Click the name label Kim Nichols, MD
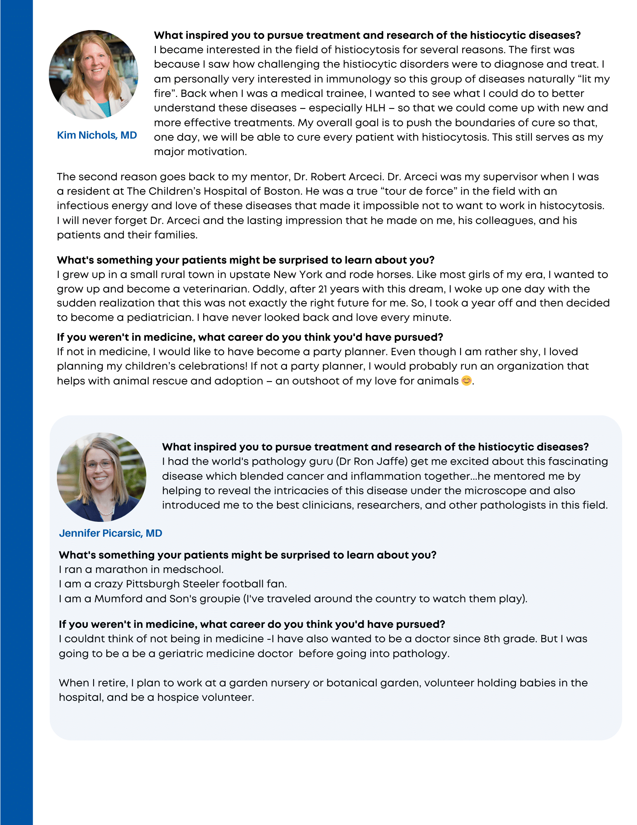97,135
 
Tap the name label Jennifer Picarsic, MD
110,533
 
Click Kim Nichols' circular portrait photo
94,75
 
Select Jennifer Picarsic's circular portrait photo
101,477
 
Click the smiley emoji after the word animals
466,381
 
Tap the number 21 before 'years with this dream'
323,289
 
